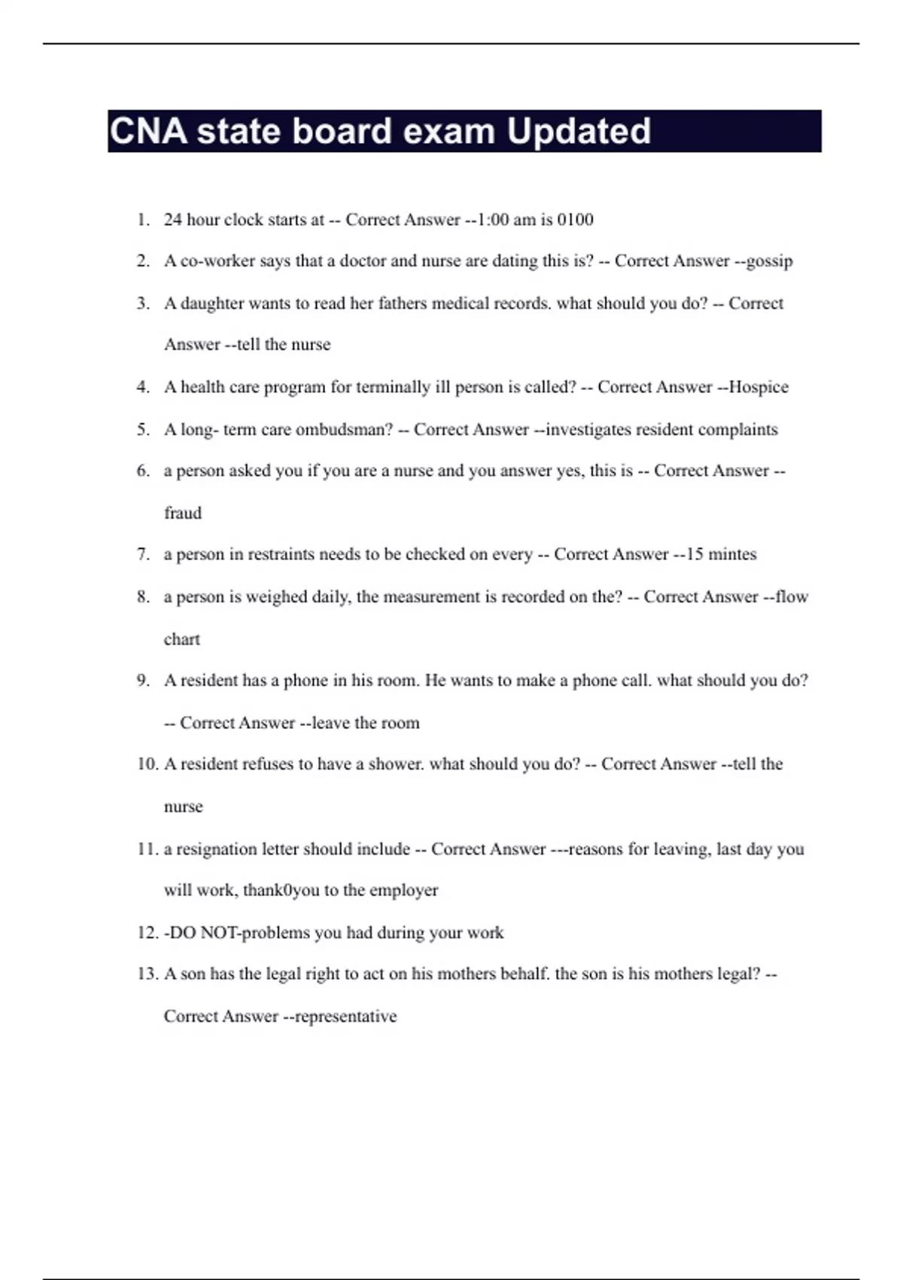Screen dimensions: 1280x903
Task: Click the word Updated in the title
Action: point(578,131)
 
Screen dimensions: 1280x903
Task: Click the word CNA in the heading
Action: point(148,131)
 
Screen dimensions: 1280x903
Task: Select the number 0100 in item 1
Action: point(575,220)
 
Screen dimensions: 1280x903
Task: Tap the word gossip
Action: point(768,261)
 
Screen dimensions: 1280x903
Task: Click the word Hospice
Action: point(759,387)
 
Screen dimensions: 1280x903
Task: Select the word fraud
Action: point(183,513)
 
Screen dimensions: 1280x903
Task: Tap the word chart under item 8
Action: point(182,639)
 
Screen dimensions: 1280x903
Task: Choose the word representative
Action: point(345,1016)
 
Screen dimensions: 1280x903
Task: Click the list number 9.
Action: point(143,681)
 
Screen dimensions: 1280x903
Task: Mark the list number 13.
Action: point(147,974)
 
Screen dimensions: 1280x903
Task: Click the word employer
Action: point(403,890)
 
